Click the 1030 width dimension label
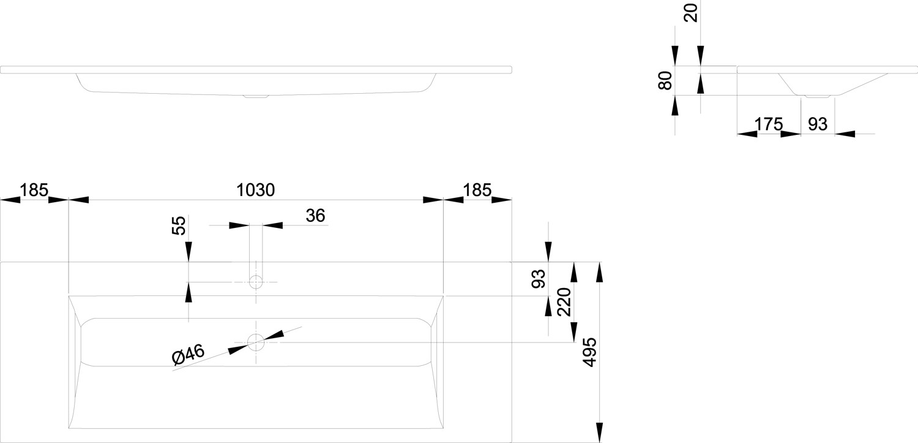tap(255, 190)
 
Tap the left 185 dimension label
tap(34, 190)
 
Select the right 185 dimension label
tap(477, 190)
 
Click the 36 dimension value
tap(315, 215)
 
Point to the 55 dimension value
tap(179, 225)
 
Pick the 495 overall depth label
tap(589, 352)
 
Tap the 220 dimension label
tap(564, 302)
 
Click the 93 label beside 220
tap(539, 279)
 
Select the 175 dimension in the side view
tap(769, 124)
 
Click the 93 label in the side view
tap(818, 124)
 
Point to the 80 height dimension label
tap(665, 80)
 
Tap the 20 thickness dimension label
tap(691, 13)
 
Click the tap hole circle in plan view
tap(256, 282)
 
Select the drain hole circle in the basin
tap(256, 342)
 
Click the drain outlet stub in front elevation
tap(256, 96)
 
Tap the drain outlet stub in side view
tap(818, 96)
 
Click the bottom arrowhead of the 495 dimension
tap(599, 433)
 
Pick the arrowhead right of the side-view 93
tap(845, 134)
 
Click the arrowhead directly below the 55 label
tap(188, 251)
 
